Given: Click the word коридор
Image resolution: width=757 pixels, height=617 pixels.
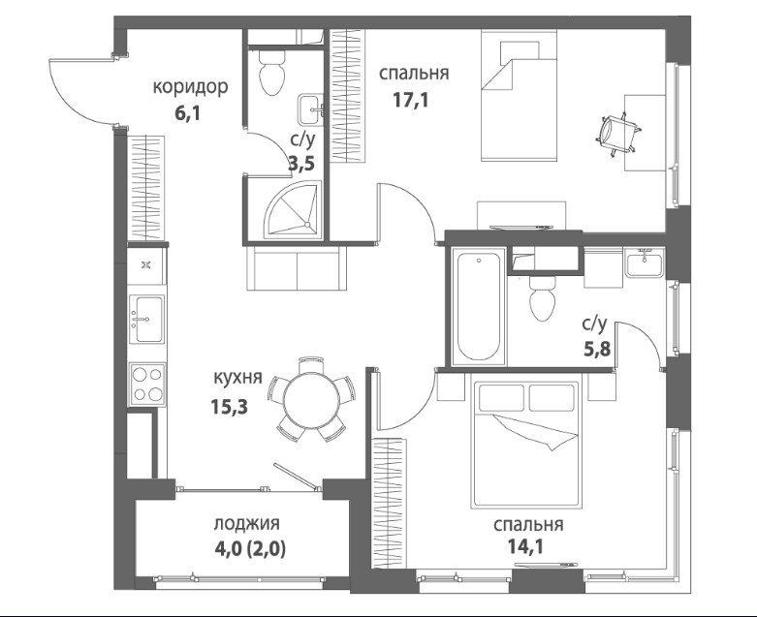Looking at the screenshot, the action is coord(190,87).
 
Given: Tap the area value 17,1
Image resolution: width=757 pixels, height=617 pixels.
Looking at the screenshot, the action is coord(411,101).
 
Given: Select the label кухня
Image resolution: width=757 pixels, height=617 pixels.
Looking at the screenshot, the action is coord(237,377).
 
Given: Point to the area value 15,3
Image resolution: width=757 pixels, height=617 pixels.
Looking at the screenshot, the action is coord(229,407).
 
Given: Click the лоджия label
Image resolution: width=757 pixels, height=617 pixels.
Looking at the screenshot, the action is coord(247,524).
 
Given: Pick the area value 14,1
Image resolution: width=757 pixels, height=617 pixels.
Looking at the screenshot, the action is coord(525,546).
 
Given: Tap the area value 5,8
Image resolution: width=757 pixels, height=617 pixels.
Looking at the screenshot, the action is coord(598,348).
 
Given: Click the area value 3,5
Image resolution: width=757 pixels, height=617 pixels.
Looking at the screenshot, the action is coord(301,164).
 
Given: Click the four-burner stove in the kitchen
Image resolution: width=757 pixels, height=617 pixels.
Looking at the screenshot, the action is coord(147,385).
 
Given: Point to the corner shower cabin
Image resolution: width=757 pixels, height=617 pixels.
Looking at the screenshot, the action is coord(295,208).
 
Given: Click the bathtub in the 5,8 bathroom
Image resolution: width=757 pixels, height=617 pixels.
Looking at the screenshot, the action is coord(479,307).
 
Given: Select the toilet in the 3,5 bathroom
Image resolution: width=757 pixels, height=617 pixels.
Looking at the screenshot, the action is coord(271,72).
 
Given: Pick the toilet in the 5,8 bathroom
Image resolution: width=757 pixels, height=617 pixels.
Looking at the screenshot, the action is coord(542,298).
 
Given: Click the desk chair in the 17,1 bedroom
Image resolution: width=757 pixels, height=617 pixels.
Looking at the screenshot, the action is coord(619,134).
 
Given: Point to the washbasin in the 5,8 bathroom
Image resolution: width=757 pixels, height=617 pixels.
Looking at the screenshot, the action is coord(644,262).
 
